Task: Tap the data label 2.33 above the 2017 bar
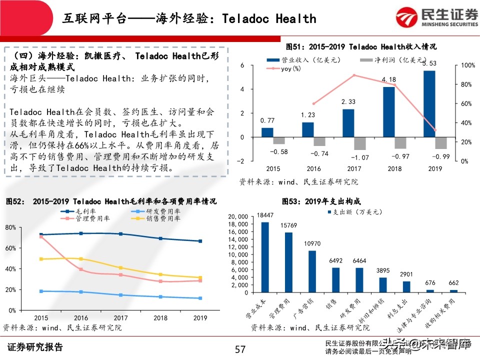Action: point(348,102)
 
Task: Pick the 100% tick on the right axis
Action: point(467,66)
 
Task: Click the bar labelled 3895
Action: point(382,285)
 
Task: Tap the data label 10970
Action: point(312,243)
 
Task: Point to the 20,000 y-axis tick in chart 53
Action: point(238,216)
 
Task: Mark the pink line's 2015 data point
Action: point(41,236)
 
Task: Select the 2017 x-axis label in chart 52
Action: point(120,318)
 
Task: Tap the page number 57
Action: point(240,348)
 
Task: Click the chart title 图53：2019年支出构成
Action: point(321,201)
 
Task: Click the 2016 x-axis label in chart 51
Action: point(313,168)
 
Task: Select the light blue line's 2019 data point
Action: point(200,298)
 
